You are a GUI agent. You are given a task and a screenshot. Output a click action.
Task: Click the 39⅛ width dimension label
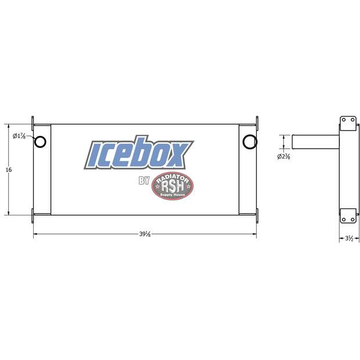click(x=145, y=234)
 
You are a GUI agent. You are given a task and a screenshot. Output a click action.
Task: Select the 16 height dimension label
click(x=9, y=170)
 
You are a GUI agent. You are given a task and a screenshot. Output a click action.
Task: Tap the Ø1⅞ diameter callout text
click(x=19, y=136)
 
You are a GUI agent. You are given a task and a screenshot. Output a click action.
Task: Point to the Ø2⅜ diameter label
click(x=283, y=157)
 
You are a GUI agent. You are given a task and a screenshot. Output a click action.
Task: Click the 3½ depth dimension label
click(x=349, y=239)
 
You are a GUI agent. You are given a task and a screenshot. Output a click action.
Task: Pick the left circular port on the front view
click(x=40, y=142)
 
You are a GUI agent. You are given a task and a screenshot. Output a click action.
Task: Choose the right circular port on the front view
click(x=250, y=142)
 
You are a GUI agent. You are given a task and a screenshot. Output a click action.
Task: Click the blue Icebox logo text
click(x=139, y=153)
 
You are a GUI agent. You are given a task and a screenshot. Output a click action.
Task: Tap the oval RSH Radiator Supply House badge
click(x=172, y=186)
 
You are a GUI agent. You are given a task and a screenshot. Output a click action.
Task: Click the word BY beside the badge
click(x=144, y=181)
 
